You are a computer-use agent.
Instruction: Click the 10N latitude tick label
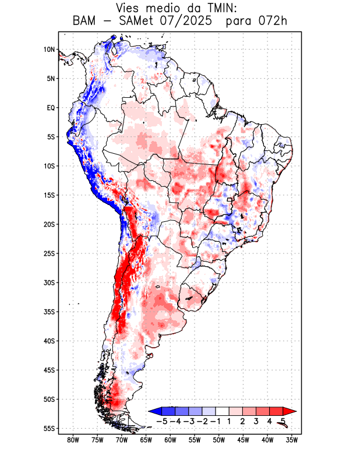[x=49, y=50]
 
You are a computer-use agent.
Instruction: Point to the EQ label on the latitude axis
[x=51, y=108]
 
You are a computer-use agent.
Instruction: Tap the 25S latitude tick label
[x=49, y=253]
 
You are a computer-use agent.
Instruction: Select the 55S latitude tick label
[x=49, y=429]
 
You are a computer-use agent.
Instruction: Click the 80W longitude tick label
[x=73, y=440]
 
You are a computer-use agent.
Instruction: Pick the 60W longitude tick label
[x=170, y=440]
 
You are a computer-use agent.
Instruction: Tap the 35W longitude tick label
[x=292, y=440]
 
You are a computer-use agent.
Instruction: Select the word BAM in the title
[x=85, y=22]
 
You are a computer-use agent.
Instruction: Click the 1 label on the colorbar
[x=230, y=421]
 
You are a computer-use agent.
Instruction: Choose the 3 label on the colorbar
[x=256, y=421]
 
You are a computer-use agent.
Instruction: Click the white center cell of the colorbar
[x=223, y=411]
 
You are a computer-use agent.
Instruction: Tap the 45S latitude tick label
[x=49, y=370]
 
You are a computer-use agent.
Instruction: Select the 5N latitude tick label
[x=51, y=79]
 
